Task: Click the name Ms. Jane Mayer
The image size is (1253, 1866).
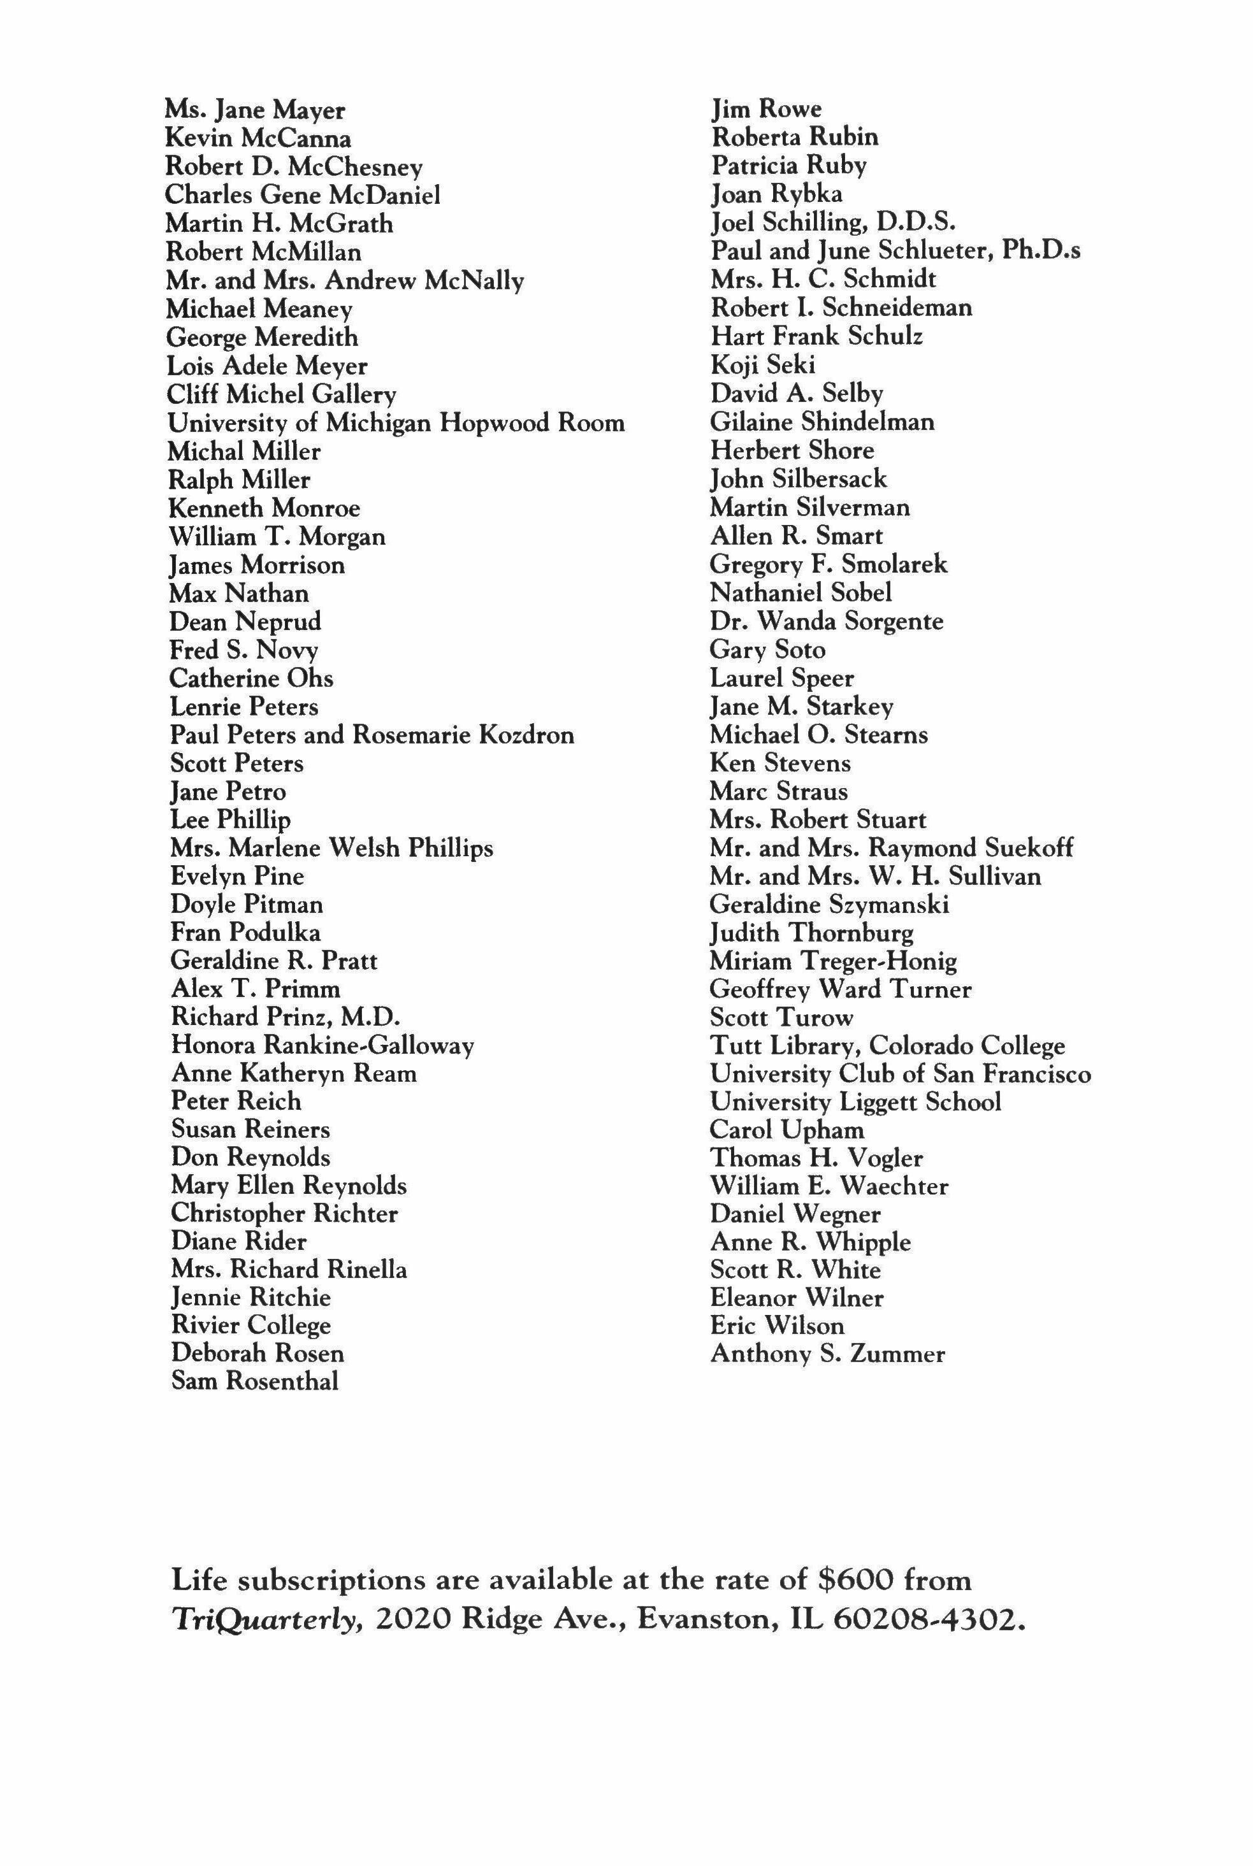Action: pos(255,110)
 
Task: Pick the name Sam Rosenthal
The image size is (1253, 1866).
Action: pos(255,1381)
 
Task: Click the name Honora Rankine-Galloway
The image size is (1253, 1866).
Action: pos(322,1045)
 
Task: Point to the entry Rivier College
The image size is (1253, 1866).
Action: pos(250,1325)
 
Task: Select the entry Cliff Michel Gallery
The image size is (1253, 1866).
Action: pos(281,394)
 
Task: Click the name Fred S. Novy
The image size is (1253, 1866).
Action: pos(243,650)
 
